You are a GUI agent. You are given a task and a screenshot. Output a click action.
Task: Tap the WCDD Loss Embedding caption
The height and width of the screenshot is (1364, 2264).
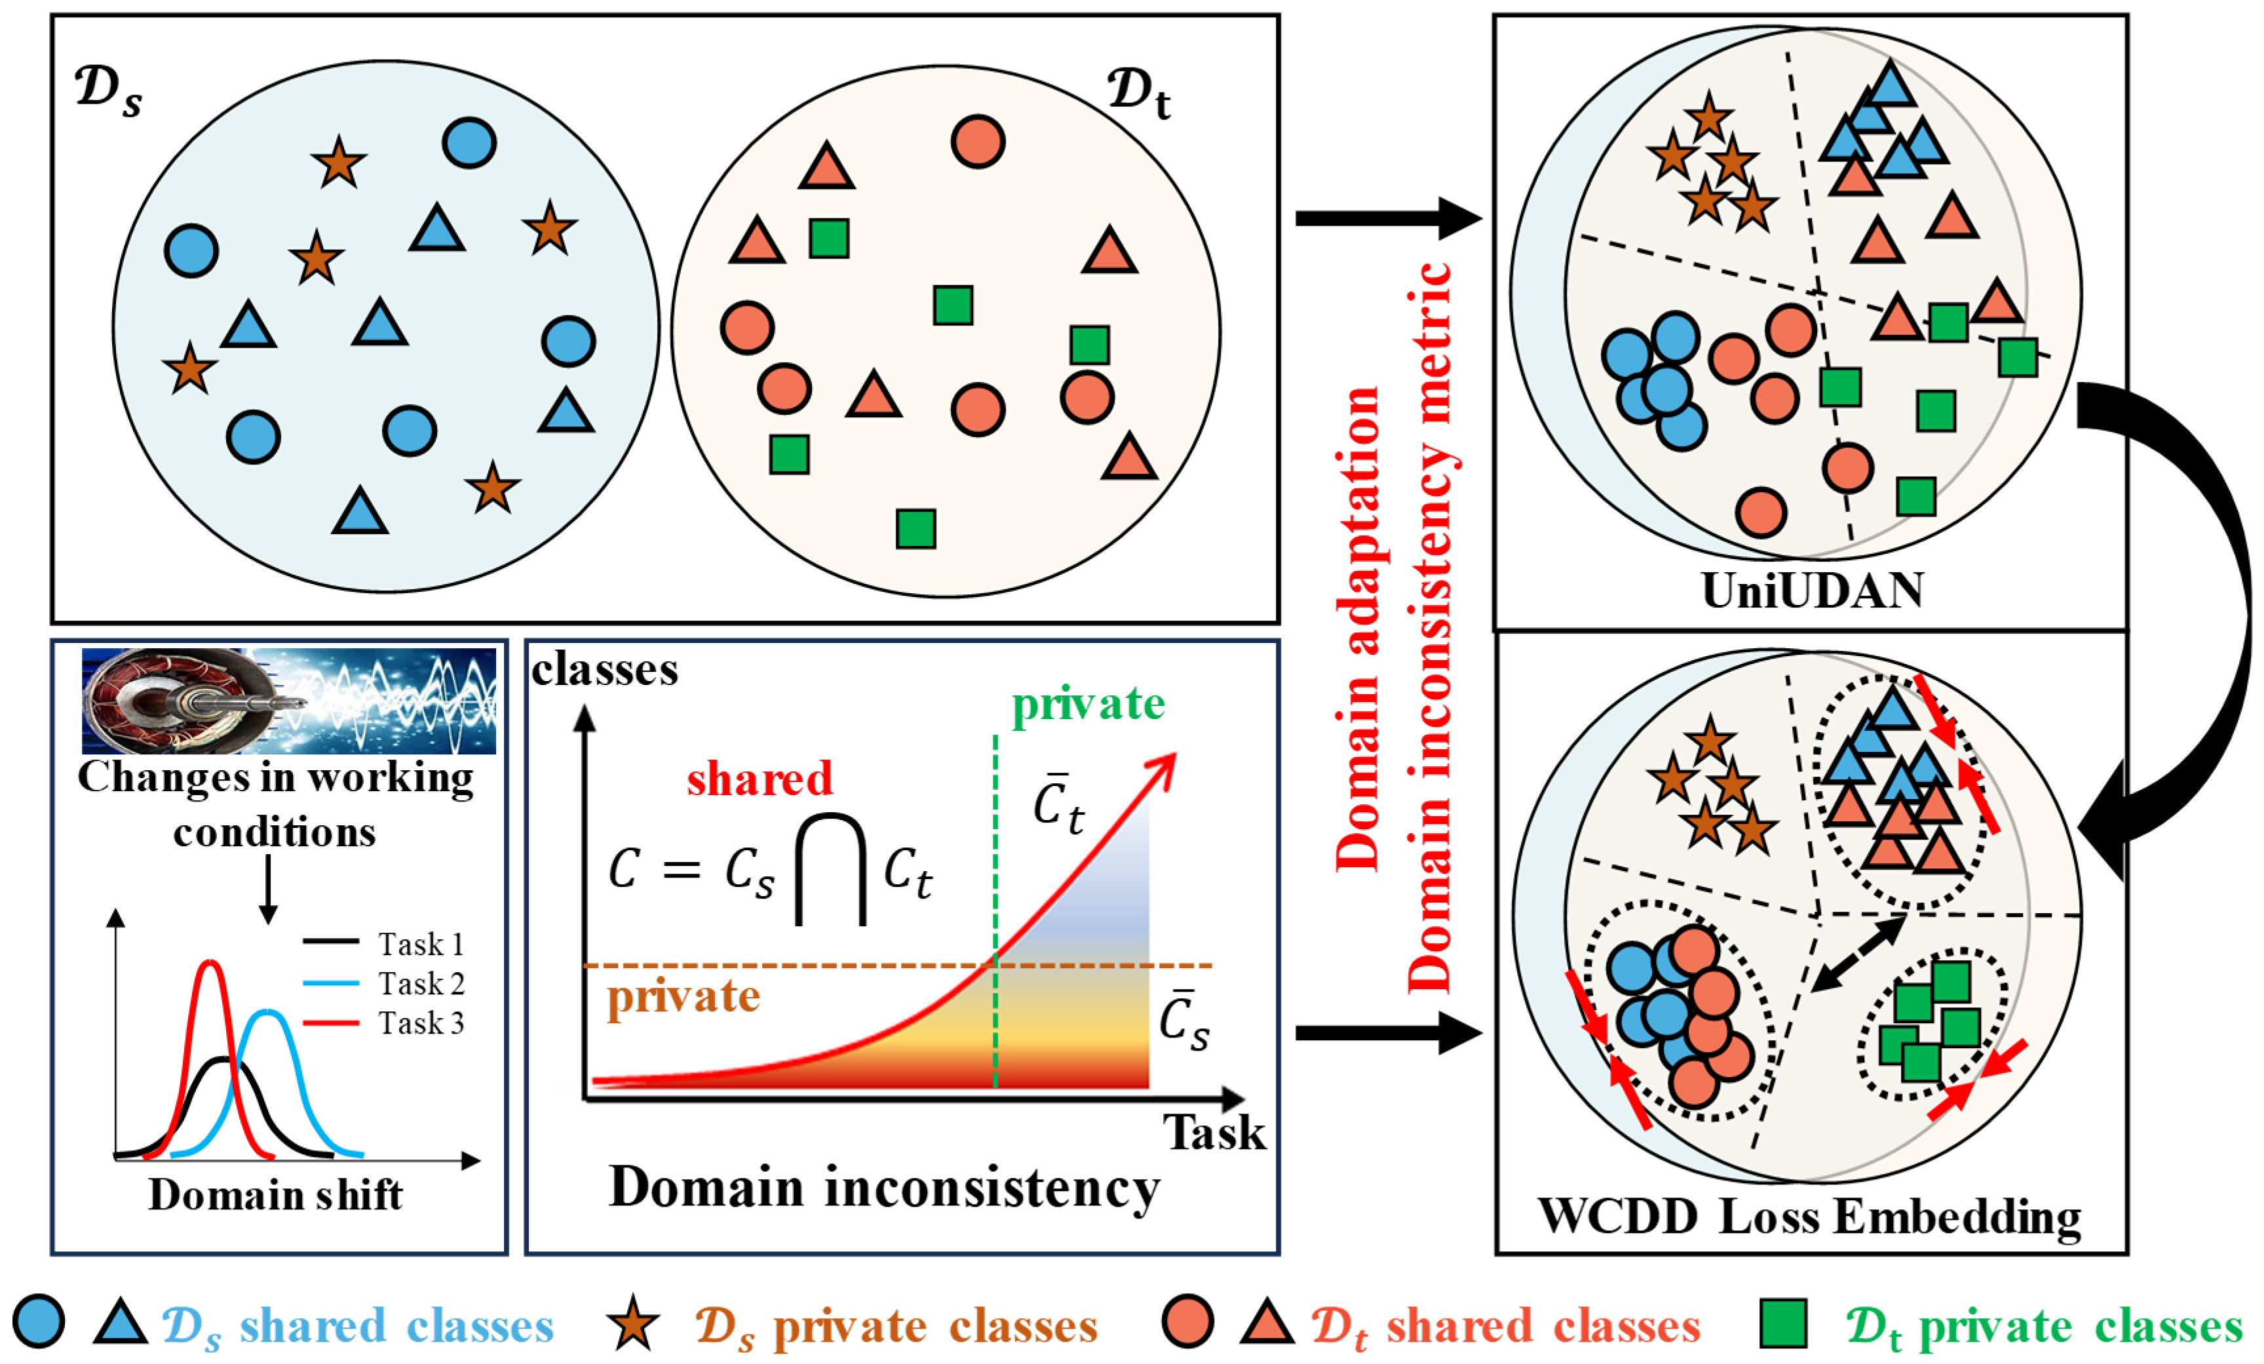(1809, 1217)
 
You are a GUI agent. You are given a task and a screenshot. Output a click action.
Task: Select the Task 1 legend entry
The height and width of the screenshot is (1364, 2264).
(383, 943)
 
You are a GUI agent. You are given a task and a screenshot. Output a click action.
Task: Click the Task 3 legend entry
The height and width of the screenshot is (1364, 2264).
(383, 1022)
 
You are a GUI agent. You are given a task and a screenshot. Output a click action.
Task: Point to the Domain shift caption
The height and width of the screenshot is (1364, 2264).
(276, 1195)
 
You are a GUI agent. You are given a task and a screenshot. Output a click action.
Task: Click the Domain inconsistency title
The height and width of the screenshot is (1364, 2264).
(884, 1188)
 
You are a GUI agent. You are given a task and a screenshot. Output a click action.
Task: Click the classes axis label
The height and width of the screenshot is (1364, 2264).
(605, 670)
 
